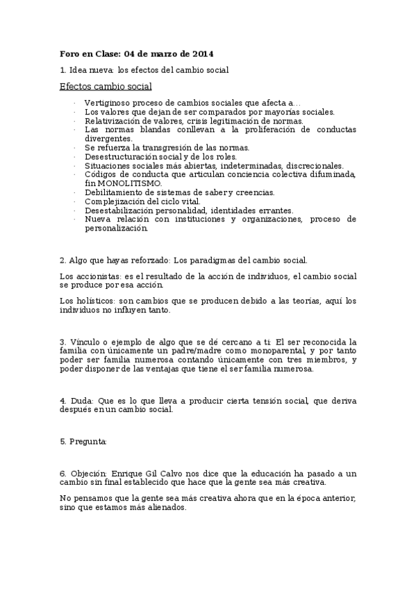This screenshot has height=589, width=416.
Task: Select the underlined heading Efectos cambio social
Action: click(106, 86)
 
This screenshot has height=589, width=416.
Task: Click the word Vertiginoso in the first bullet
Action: click(108, 103)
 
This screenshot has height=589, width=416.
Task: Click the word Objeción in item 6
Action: click(89, 473)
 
